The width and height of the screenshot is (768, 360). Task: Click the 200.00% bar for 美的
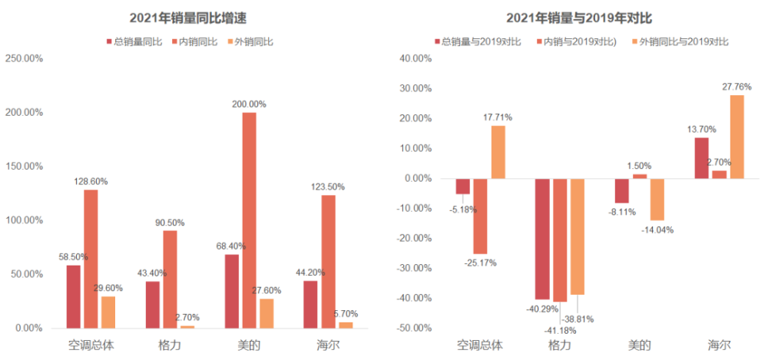249,220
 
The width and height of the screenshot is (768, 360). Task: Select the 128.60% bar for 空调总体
91,259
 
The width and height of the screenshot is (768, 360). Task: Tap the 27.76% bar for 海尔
737,137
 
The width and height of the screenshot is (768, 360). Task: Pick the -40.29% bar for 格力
541,239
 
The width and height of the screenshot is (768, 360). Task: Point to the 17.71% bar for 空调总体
498,152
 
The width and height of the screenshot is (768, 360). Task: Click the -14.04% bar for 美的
657,200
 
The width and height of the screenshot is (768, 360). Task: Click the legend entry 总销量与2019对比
478,41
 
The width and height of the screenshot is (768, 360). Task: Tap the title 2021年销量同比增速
187,18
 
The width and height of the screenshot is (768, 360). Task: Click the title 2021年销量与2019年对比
579,18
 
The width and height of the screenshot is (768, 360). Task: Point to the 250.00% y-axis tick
24,58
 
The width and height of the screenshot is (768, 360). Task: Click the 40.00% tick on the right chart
415,58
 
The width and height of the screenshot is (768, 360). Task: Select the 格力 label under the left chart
170,345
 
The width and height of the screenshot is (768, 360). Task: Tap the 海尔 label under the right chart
720,345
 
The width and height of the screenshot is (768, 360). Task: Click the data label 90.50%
169,223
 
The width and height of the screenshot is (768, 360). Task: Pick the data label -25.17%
481,263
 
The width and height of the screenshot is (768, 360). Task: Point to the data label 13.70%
701,129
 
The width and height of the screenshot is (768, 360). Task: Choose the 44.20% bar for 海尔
310,304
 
